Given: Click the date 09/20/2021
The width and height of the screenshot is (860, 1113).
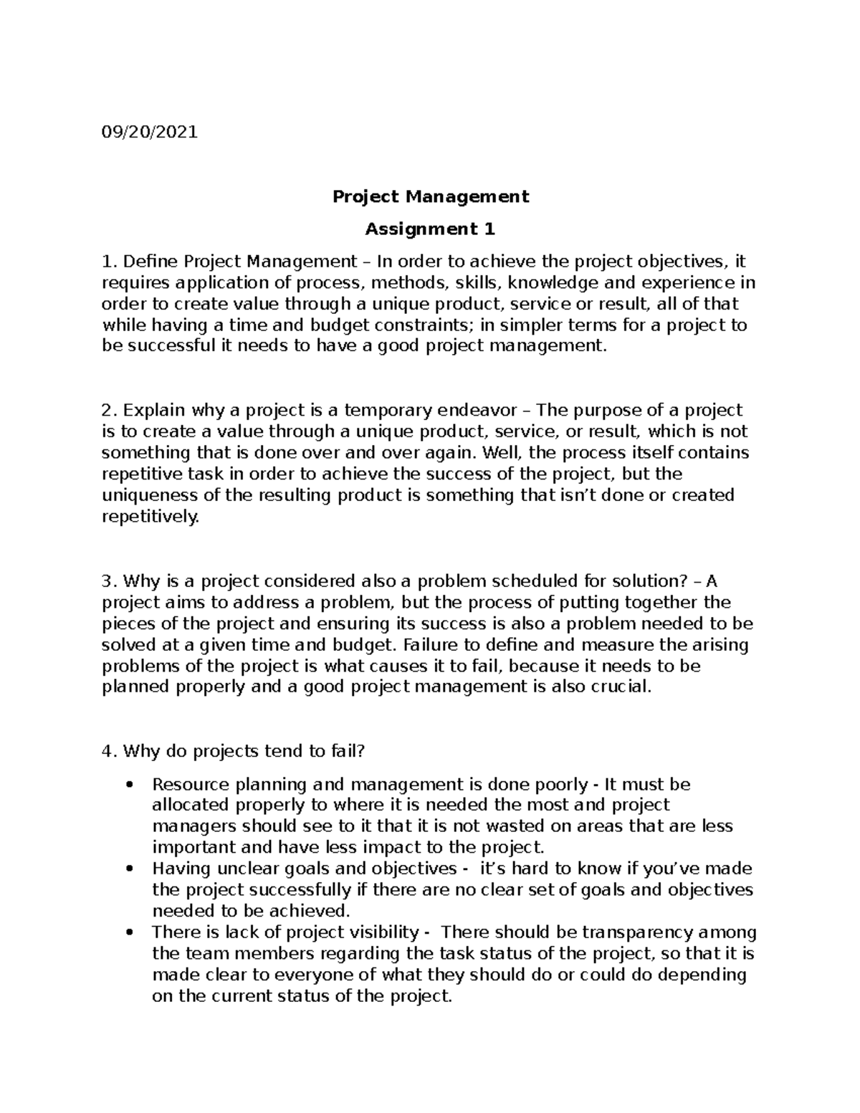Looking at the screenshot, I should click(150, 133).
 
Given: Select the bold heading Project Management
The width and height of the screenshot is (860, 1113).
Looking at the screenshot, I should click(430, 196).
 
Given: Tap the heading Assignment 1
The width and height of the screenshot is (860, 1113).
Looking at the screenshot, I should click(430, 229).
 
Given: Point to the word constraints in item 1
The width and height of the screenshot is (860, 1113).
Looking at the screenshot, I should click(416, 325).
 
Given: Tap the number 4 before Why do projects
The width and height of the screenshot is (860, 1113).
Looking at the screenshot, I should click(107, 752).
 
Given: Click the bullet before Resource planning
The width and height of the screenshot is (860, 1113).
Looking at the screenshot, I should click(130, 785).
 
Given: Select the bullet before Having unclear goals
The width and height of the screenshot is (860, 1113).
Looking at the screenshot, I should click(130, 869).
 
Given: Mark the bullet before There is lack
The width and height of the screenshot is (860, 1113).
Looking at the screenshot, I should click(130, 933).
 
